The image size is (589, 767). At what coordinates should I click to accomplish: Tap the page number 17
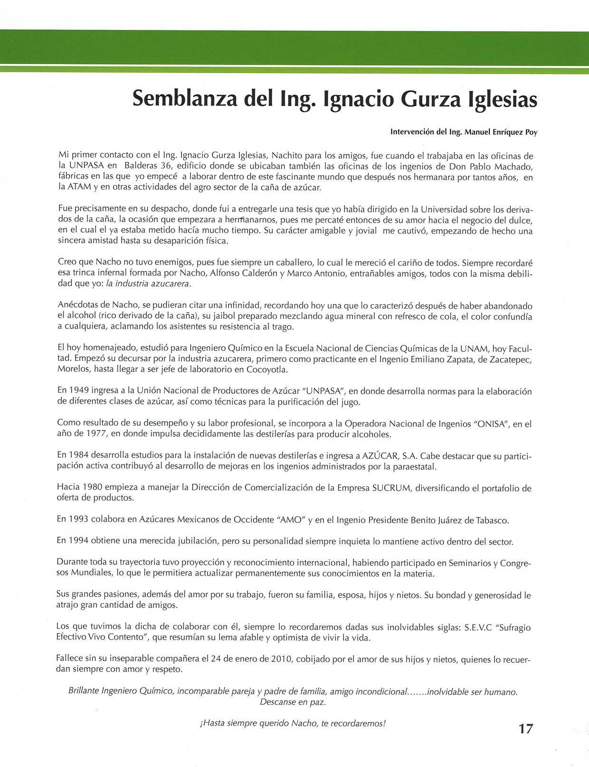click(x=526, y=729)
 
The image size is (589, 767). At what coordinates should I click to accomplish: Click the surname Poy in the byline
click(x=531, y=133)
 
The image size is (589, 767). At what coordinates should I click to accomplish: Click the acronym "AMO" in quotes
click(x=289, y=520)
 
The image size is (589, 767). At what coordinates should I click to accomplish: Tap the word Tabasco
click(x=490, y=520)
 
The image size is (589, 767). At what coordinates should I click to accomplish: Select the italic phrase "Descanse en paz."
click(x=293, y=702)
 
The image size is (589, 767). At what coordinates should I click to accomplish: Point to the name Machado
click(x=514, y=166)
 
